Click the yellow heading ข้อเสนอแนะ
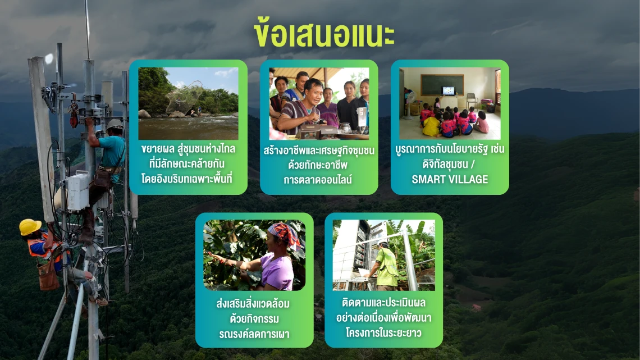click(324, 33)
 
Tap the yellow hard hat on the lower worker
click(30, 227)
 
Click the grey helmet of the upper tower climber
click(115, 124)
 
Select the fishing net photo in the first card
click(188, 104)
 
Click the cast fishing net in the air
click(185, 98)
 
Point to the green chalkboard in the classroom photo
click(442, 85)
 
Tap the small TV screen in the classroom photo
click(449, 90)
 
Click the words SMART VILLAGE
click(450, 179)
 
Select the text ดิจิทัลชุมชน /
click(449, 164)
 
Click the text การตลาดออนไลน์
click(318, 180)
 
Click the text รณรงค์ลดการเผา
click(254, 334)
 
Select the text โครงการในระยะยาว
click(383, 332)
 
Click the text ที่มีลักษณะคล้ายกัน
click(188, 164)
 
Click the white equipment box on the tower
click(78, 192)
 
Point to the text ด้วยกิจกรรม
click(254, 318)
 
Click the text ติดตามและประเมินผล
click(383, 303)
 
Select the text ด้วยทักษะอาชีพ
click(318, 165)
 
